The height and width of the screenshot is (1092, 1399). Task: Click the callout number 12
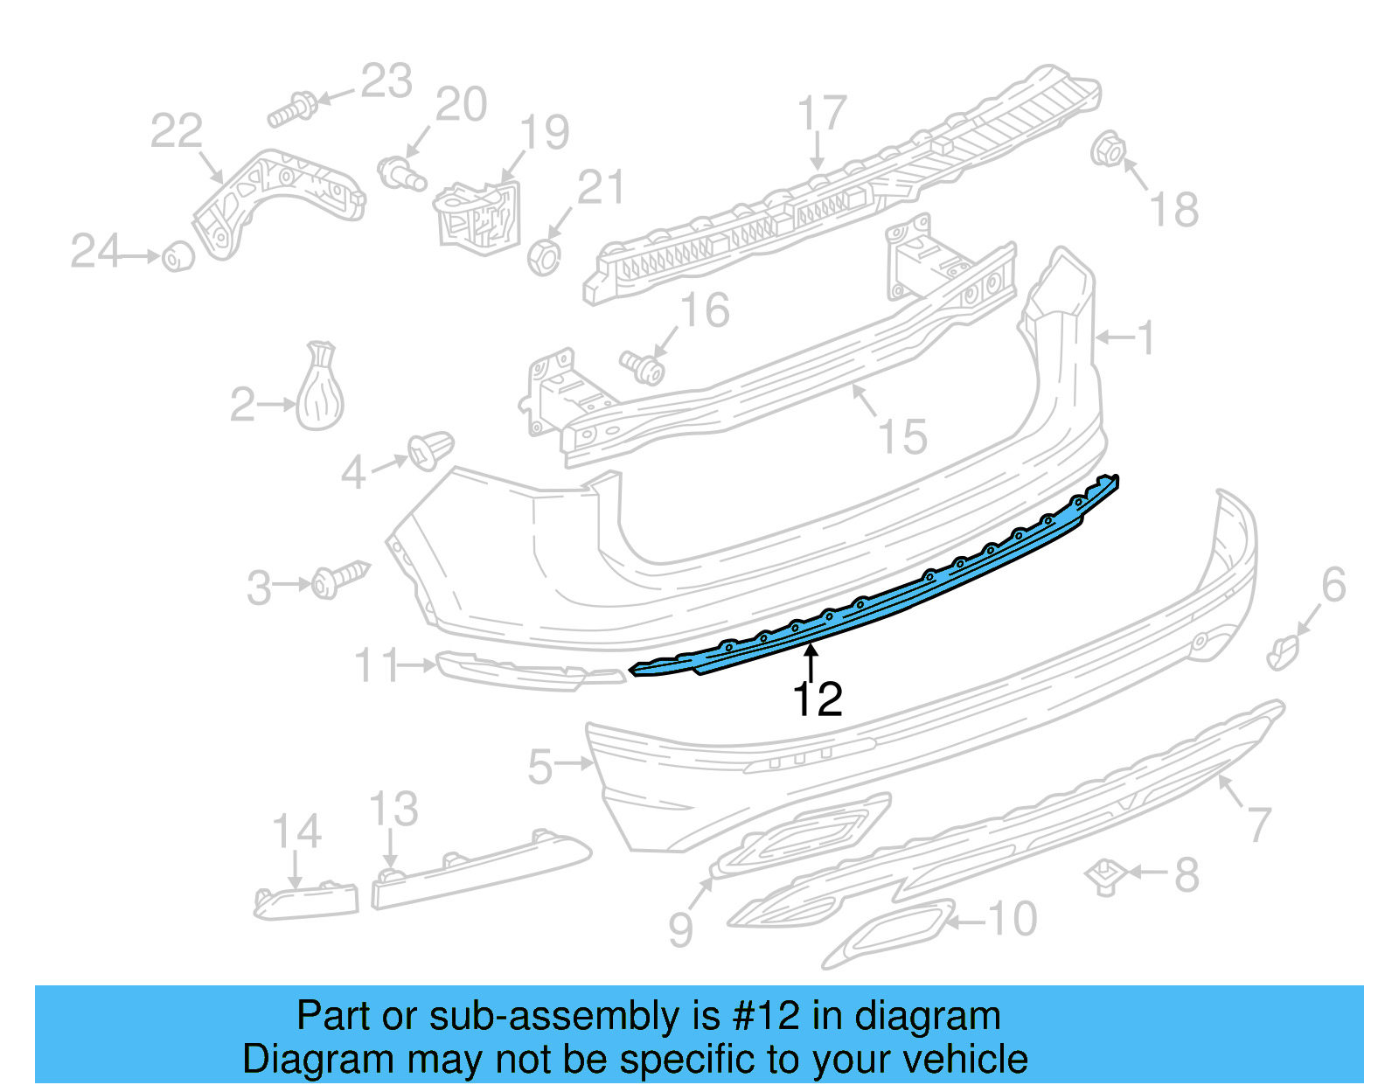pos(817,699)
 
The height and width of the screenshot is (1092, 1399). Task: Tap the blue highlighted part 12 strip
pos(874,603)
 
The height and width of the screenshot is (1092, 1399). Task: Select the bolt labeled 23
pos(293,110)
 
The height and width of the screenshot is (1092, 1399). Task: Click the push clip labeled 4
pos(431,449)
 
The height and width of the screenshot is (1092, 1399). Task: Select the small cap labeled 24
pos(178,256)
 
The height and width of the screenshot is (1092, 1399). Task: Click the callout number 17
pos(822,114)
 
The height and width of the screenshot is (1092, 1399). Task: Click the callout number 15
pos(902,436)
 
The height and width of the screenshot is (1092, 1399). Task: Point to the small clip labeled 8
pos(1105,875)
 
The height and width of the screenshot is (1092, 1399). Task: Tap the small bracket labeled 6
pos(1283,652)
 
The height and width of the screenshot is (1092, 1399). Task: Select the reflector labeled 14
pos(306,901)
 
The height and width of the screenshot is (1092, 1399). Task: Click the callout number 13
pos(393,810)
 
